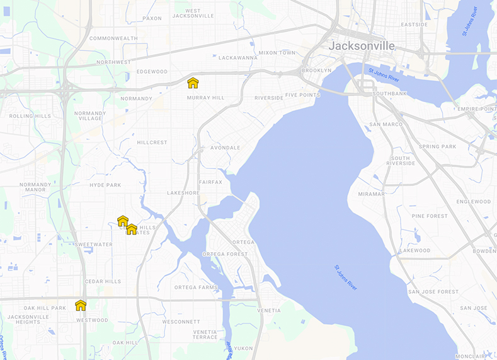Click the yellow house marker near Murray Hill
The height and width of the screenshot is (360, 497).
point(193,83)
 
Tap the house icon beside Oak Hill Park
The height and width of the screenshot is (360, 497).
point(81,305)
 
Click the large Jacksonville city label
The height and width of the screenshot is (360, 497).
point(362,46)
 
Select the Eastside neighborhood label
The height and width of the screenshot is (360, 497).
point(414,25)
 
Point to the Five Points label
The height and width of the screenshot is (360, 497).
point(302,95)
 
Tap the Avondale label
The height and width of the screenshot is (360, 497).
point(225,148)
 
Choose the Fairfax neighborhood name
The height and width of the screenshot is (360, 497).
point(210,182)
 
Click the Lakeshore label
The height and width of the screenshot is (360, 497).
point(183,193)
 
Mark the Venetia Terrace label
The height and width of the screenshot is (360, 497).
point(205,335)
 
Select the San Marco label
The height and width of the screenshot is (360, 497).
point(386,124)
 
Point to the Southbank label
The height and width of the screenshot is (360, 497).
point(389,93)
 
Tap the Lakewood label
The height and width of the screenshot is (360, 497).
point(414,250)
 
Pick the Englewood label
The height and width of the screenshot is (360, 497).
point(473,202)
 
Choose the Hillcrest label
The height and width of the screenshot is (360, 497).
point(152,142)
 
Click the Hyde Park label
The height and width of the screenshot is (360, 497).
point(105,185)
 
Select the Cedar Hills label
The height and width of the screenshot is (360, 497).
point(103,281)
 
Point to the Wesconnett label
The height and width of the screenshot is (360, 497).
point(181,322)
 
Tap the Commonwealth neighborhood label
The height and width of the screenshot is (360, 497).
point(113,38)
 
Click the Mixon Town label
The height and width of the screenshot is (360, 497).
point(277,52)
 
